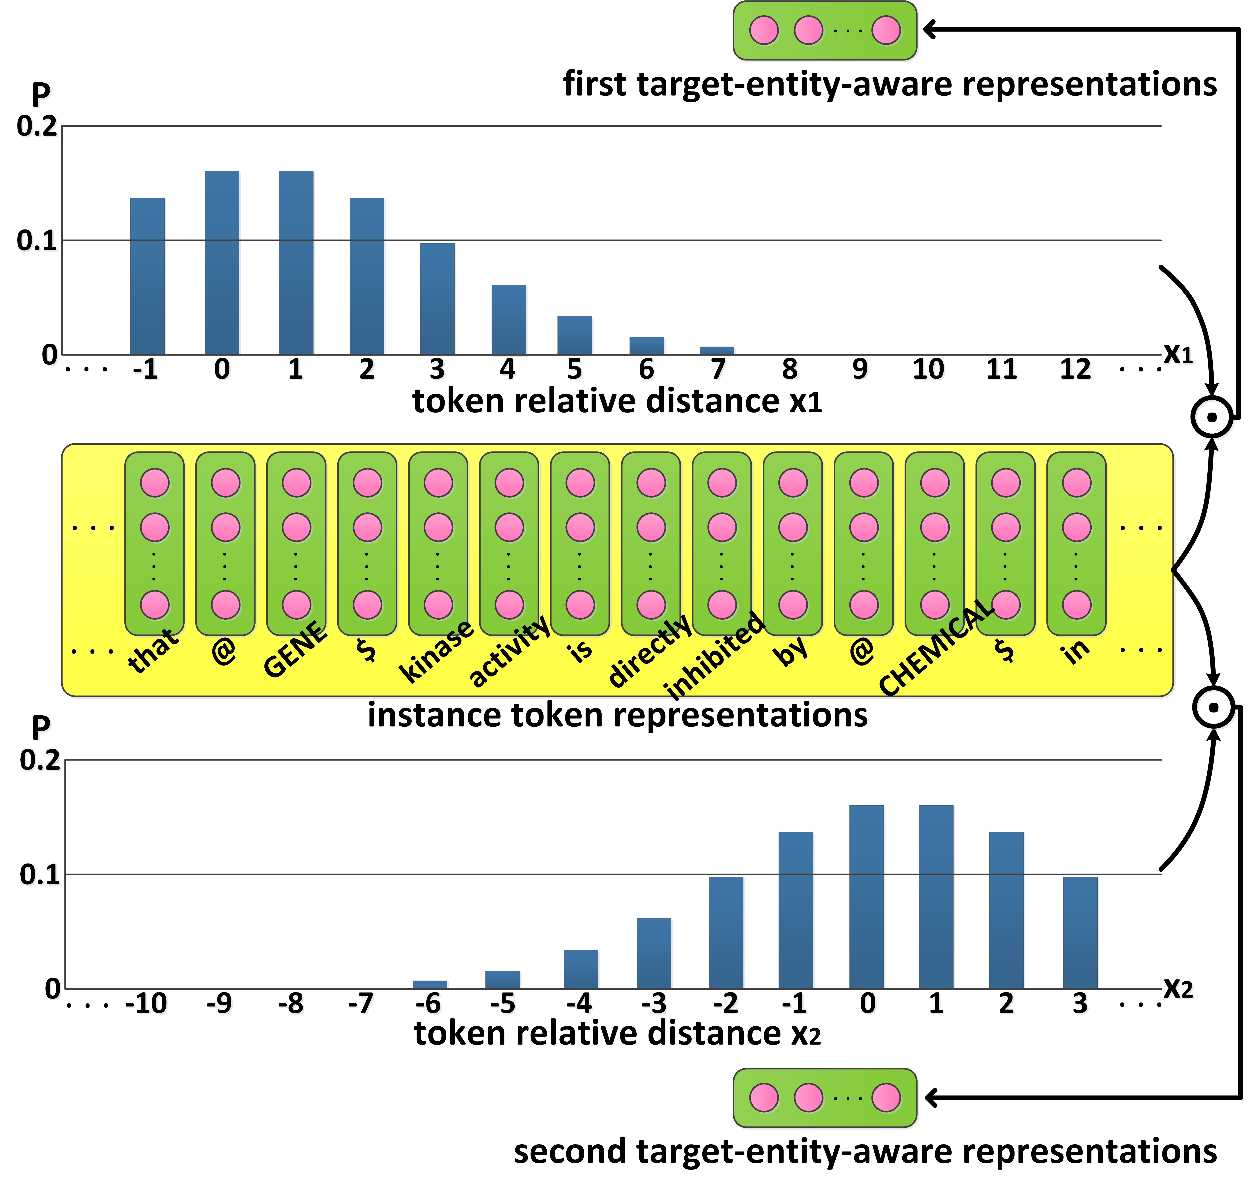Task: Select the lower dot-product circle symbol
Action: [x=1214, y=707]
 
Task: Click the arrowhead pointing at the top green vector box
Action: [x=930, y=29]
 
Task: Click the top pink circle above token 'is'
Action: [x=580, y=483]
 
